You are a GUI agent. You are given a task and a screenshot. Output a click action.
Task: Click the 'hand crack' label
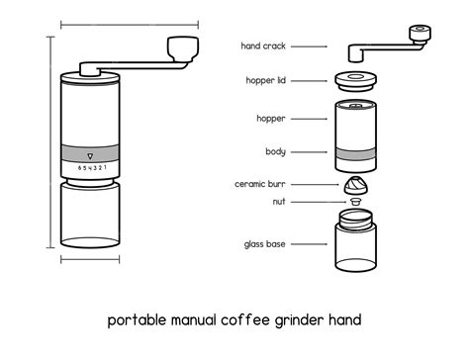tap(264, 45)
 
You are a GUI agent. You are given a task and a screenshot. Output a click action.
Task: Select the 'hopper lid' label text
tap(265, 81)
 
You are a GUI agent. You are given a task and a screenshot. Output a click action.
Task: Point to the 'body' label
tap(275, 151)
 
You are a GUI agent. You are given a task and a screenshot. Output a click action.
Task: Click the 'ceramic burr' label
tap(261, 183)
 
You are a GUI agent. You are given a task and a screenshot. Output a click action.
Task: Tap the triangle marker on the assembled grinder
tap(91, 156)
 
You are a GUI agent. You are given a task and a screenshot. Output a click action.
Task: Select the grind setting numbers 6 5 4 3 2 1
tap(91, 168)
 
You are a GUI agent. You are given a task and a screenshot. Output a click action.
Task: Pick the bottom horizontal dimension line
tap(91, 260)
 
